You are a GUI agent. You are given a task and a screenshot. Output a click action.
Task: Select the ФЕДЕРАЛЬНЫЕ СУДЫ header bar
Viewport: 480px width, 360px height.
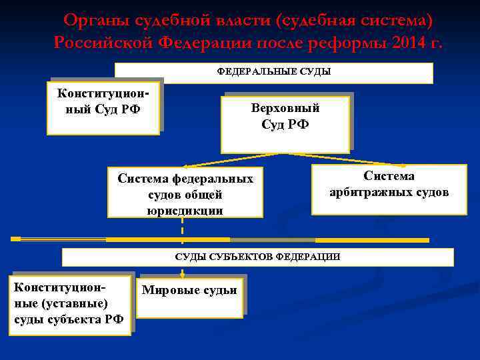[274, 72]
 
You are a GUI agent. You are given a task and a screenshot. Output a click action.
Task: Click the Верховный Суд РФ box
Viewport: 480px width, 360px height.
[286, 124]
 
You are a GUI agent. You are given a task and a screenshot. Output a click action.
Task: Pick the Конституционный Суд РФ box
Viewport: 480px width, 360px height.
[104, 107]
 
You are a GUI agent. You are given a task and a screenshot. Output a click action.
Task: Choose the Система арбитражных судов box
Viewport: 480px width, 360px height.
[389, 189]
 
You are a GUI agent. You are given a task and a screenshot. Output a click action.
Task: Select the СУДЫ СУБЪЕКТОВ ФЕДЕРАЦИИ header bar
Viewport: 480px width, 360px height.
[257, 257]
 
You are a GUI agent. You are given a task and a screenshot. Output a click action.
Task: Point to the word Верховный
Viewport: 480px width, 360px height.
[285, 108]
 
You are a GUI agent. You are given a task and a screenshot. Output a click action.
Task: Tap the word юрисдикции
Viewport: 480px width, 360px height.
[185, 211]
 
